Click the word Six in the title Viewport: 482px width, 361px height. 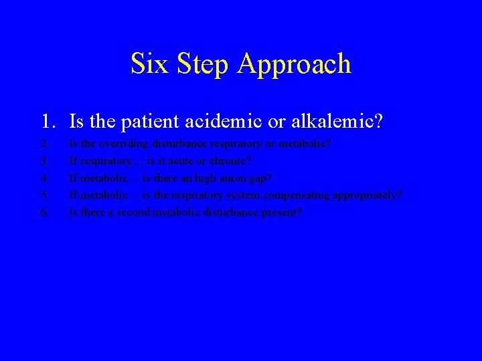(x=146, y=64)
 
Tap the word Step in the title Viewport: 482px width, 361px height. (x=197, y=64)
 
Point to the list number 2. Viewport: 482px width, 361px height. (x=44, y=144)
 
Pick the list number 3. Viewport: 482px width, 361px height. (x=44, y=161)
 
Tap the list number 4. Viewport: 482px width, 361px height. (x=44, y=178)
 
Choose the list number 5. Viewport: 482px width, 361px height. (x=44, y=195)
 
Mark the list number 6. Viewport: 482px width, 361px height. (x=44, y=213)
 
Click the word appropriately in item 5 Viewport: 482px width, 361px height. (x=370, y=196)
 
